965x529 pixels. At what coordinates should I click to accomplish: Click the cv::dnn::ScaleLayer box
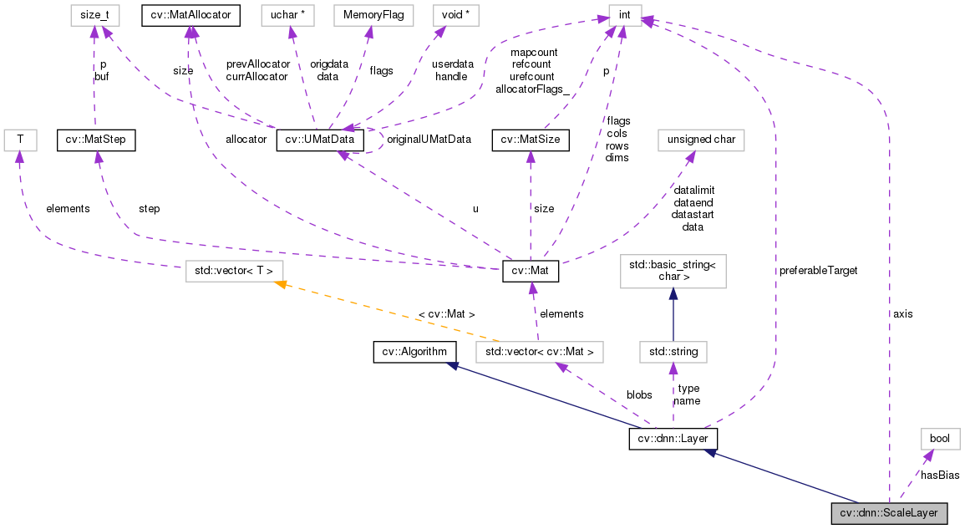889,513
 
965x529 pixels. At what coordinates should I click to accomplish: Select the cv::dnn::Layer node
673,439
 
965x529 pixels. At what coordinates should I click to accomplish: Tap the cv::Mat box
530,272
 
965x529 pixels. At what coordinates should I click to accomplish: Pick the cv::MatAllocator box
191,14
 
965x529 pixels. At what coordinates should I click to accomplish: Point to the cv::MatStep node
94,140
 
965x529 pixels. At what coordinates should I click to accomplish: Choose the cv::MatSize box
531,140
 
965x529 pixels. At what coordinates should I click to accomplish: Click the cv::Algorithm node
414,351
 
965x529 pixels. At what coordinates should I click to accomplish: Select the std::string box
673,351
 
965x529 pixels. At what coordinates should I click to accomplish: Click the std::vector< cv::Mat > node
538,351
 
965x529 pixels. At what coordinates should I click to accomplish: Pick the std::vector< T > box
234,272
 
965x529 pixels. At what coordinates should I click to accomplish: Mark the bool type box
940,439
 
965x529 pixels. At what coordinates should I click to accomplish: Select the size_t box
94,14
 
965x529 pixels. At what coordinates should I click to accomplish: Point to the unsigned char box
701,140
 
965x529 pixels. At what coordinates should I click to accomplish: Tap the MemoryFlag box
373,14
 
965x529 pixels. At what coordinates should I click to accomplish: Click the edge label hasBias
939,475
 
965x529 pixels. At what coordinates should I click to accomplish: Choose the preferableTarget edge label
818,271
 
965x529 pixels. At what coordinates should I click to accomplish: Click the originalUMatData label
429,140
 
